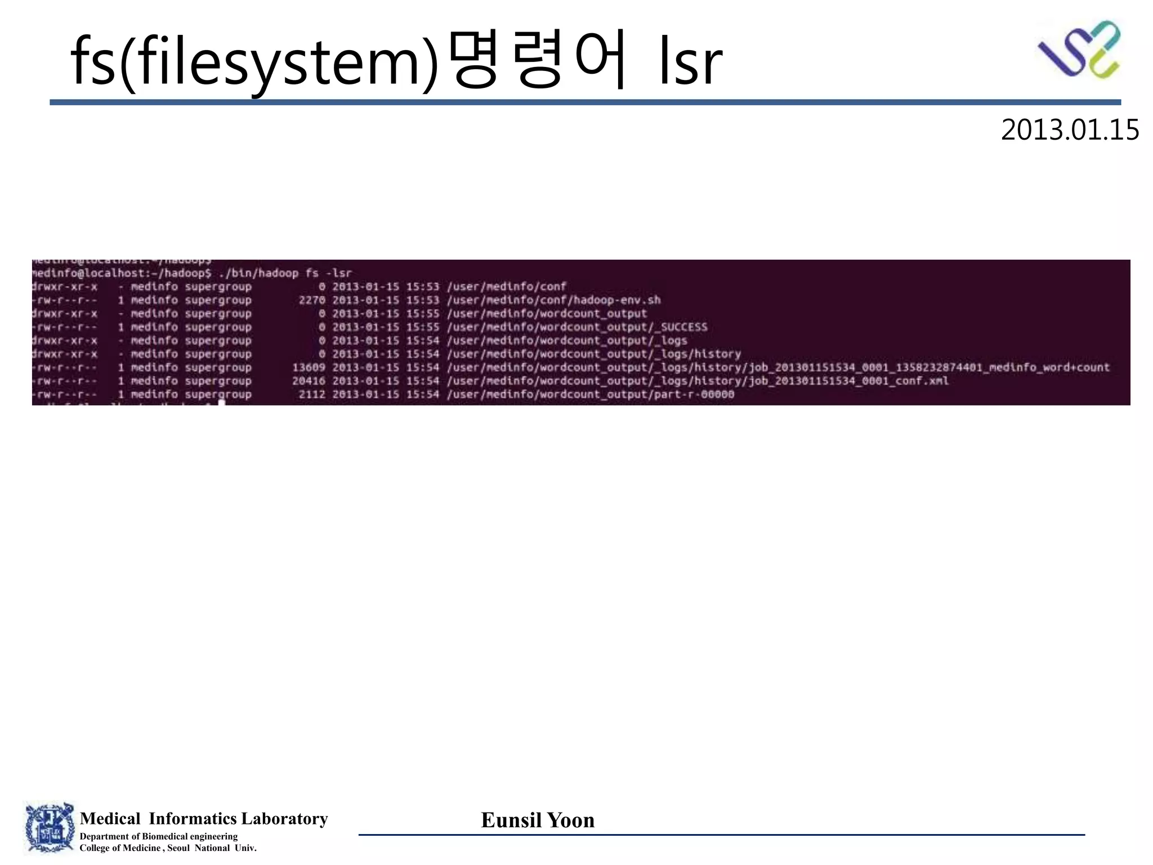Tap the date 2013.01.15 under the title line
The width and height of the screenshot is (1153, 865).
tap(1070, 130)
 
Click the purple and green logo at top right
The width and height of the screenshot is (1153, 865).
tap(1079, 49)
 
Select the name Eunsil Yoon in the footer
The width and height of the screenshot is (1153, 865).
tap(538, 820)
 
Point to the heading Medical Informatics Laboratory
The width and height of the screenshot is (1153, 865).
tap(204, 818)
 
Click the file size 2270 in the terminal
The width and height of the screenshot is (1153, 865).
tap(312, 300)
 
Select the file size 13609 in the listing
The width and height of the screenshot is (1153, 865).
tap(309, 368)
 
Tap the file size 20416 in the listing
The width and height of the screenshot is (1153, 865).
tap(309, 381)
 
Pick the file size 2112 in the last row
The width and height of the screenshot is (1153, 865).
tap(312, 395)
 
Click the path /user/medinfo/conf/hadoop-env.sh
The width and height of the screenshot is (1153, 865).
tap(553, 300)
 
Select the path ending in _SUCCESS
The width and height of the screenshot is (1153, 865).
tap(577, 327)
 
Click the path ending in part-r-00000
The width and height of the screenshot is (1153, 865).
tap(591, 395)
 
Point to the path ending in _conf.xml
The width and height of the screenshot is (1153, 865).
tap(698, 381)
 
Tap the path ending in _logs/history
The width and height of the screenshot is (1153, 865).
tap(594, 354)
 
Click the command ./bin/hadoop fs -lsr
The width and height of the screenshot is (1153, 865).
tap(285, 273)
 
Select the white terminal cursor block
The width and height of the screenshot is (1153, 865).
tap(221, 403)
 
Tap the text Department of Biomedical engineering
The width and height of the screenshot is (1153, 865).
tap(159, 836)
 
